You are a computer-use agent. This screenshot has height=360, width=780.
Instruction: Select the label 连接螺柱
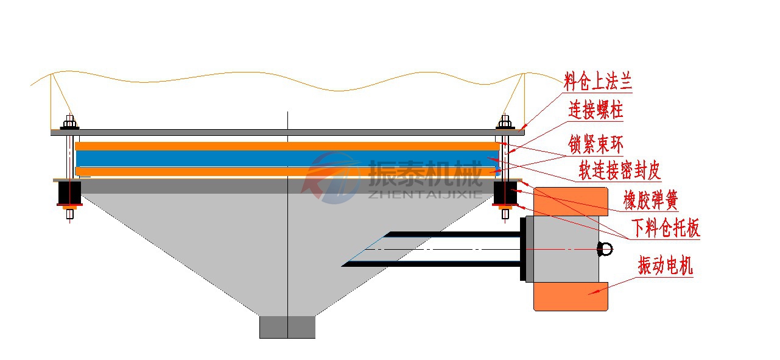596,110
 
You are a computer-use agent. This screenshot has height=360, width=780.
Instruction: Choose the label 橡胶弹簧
650,199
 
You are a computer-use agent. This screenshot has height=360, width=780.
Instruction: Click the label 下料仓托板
665,228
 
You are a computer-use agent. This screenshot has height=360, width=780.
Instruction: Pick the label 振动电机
665,266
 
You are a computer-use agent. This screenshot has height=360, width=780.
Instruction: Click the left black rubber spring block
69,193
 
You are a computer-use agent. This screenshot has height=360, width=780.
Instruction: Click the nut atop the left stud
70,124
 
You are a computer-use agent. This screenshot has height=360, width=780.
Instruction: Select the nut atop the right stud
504,124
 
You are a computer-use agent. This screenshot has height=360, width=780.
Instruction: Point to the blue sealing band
286,158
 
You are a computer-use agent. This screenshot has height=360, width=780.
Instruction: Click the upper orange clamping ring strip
286,146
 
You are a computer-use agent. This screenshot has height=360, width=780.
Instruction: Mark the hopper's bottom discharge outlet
287,326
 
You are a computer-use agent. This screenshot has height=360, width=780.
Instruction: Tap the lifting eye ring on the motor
605,249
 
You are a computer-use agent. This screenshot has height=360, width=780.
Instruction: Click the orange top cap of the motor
571,201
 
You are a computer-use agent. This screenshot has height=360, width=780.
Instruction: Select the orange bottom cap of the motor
571,297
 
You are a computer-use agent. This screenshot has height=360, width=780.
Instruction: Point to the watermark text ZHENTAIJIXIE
426,194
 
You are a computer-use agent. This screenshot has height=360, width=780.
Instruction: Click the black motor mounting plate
523,249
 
